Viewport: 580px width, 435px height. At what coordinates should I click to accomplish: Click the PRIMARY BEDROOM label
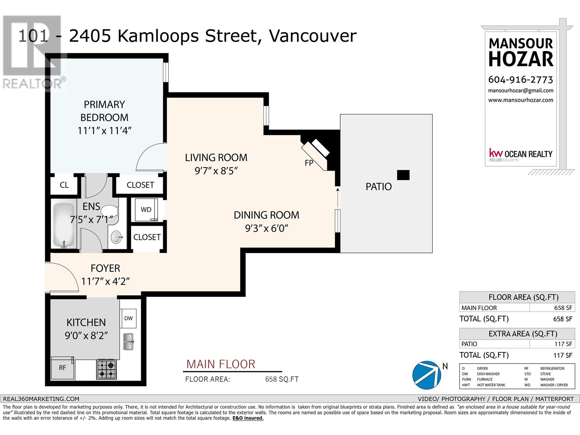click(x=104, y=111)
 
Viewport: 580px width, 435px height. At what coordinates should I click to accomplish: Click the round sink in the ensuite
click(x=116, y=238)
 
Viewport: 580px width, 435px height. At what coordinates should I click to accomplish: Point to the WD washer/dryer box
click(x=146, y=210)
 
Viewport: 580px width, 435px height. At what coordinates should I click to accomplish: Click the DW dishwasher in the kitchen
click(x=128, y=318)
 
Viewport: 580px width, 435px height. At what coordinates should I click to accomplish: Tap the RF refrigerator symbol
click(x=63, y=368)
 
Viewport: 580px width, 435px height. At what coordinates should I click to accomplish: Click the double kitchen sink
click(x=128, y=341)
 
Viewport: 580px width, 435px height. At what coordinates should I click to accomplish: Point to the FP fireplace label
click(x=308, y=163)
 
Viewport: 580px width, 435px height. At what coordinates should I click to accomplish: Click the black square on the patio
click(x=403, y=175)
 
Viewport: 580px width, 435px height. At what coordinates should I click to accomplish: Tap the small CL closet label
click(x=64, y=185)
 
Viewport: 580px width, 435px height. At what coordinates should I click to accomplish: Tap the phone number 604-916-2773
click(x=521, y=79)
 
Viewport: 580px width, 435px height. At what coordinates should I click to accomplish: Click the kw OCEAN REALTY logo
click(x=521, y=154)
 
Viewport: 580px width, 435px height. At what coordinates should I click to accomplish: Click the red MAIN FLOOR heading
click(x=221, y=364)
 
